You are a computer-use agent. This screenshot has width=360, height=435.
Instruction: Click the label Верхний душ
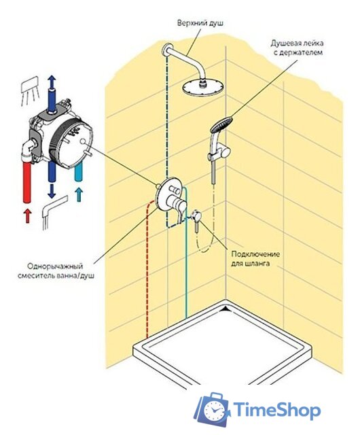[200, 23]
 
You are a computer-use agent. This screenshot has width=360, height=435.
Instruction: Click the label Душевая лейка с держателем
[297, 48]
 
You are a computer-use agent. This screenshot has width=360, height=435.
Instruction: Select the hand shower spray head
[221, 124]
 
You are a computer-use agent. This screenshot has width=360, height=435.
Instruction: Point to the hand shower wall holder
[223, 152]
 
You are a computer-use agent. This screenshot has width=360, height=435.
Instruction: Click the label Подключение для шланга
[255, 258]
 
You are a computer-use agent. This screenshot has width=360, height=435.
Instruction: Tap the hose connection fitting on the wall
[196, 215]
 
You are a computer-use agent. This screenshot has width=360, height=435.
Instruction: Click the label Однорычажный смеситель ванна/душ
[56, 271]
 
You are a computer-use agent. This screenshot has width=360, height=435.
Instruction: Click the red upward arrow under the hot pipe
[27, 216]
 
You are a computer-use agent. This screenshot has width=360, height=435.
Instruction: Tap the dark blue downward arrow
[52, 192]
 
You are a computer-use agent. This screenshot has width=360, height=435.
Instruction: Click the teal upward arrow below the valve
[79, 195]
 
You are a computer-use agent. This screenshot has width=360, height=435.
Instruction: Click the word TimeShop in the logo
[277, 410]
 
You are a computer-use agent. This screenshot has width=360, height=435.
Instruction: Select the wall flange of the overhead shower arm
[166, 50]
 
